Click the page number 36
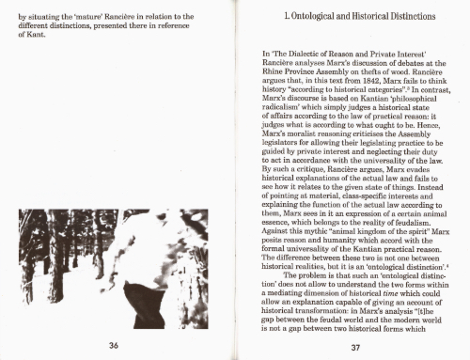112,346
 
